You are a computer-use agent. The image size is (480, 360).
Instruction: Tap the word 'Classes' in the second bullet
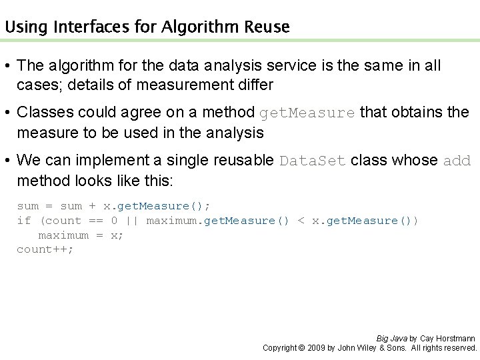click(x=41, y=113)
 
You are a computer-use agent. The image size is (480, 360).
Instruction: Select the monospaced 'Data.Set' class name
click(x=313, y=161)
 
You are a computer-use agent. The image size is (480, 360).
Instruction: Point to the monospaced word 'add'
click(x=457, y=161)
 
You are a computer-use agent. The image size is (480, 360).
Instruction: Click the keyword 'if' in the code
click(x=23, y=221)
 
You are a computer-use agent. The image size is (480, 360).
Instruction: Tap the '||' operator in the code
click(x=132, y=221)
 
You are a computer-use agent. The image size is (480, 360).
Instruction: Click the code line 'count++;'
click(x=45, y=249)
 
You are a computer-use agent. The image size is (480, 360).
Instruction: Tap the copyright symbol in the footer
click(x=302, y=348)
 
